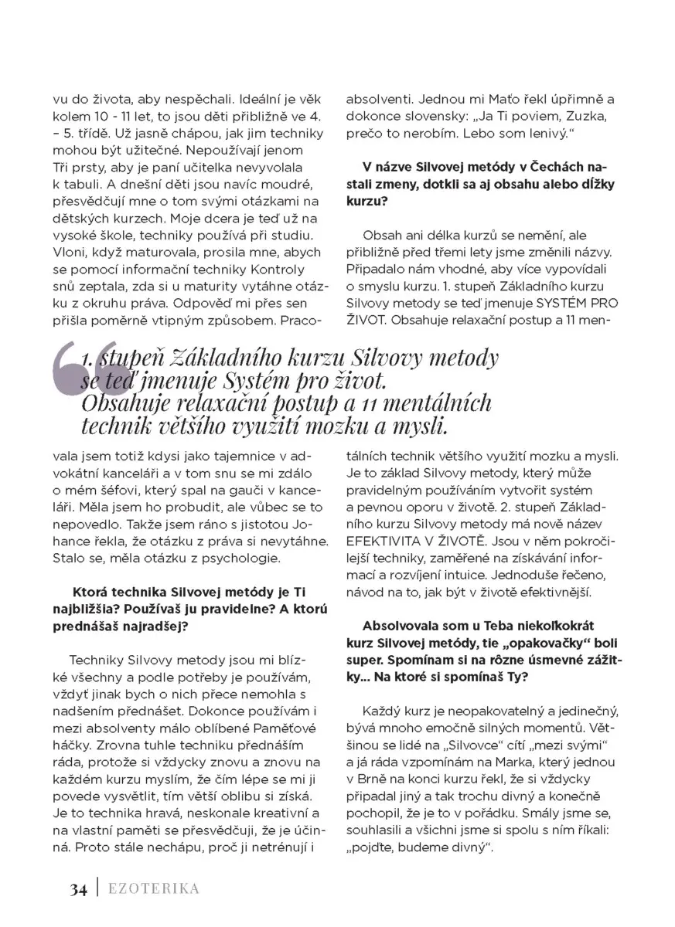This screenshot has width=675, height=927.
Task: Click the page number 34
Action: pyautogui.click(x=77, y=888)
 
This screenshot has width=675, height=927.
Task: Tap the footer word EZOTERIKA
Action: pyautogui.click(x=153, y=888)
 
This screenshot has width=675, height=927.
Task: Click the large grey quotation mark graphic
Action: pyautogui.click(x=87, y=372)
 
